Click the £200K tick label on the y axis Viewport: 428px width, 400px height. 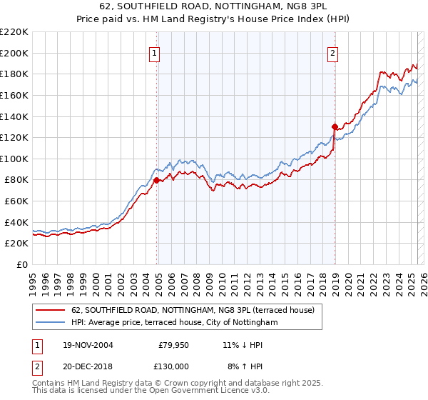(15, 53)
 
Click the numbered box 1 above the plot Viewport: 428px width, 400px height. (155, 51)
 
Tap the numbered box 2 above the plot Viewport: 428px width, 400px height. (333, 51)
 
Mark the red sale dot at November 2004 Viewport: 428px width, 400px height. (157, 180)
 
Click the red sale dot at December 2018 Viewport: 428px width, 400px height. (335, 127)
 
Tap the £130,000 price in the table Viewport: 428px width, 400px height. (172, 366)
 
